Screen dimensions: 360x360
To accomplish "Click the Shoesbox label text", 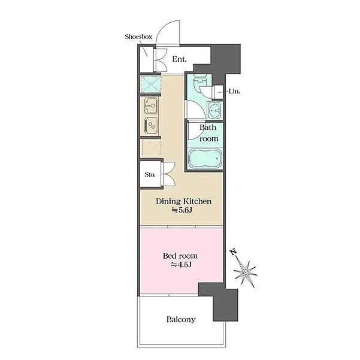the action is [138, 37].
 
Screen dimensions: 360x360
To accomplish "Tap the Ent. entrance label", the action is [179, 59].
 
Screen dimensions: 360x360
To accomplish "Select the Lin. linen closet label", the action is [234, 92].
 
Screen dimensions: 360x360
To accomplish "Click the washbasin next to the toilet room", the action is [215, 110].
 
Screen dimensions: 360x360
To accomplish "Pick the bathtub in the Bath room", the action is [205, 158].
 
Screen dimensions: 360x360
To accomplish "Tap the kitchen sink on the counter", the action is [151, 105].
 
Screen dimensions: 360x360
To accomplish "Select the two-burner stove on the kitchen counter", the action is [151, 125].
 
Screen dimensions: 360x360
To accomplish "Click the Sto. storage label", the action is [150, 174].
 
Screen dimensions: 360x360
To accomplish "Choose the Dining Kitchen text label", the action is [184, 201].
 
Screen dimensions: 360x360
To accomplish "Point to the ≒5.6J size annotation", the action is [181, 210].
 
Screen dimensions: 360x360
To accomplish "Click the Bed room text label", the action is [180, 256].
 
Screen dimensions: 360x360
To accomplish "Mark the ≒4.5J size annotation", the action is [181, 265].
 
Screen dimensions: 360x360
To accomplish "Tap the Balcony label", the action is [181, 319].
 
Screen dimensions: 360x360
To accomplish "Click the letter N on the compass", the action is [234, 252].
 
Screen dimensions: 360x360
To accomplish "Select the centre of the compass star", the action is [246, 273].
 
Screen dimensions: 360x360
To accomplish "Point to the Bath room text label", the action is [208, 133].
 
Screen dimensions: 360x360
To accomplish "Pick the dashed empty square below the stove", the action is [151, 149].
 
